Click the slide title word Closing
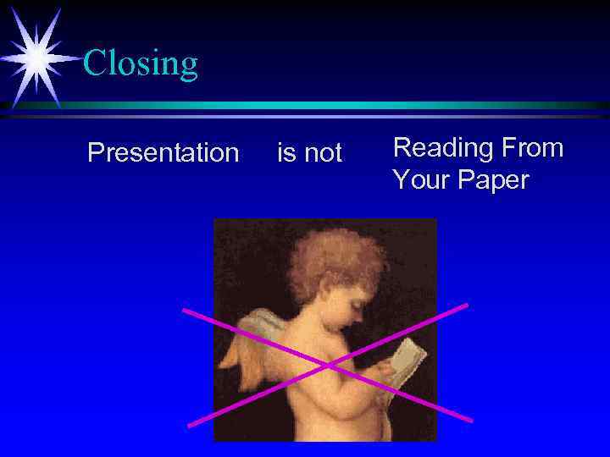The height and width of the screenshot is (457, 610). (141, 63)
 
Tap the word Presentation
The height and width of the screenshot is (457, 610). (164, 153)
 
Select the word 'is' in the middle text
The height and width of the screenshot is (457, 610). (286, 153)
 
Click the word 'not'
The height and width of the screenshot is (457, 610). (323, 153)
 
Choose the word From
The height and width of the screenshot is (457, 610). (531, 148)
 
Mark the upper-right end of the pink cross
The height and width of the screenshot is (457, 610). (466, 305)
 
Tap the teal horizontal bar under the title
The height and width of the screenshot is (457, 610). (339, 106)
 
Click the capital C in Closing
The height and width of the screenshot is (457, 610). (94, 63)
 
